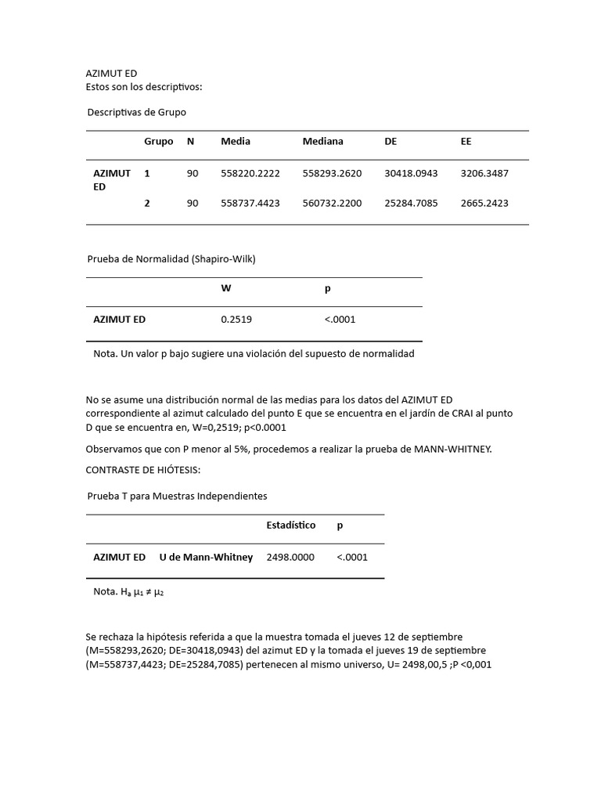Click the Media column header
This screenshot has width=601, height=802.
[x=236, y=142]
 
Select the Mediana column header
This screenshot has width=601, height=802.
[x=322, y=142]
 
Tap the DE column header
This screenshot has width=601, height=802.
[x=391, y=142]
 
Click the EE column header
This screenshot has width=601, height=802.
[x=466, y=142]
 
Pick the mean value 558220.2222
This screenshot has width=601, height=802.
[x=250, y=173]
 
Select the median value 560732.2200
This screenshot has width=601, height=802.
[x=332, y=203]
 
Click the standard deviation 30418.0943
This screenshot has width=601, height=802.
[x=411, y=173]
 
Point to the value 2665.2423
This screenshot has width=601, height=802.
[x=484, y=203]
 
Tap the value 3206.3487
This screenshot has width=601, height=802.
[x=484, y=173]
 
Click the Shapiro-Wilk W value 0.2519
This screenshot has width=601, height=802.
[x=236, y=320]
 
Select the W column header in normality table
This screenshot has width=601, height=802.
[x=226, y=288]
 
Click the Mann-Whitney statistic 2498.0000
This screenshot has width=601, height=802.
[x=290, y=557]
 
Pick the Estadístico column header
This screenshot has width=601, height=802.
[x=291, y=526]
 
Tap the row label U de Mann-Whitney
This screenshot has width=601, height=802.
[x=206, y=557]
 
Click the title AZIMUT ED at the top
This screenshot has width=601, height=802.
[x=111, y=74]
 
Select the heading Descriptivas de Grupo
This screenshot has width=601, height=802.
[x=136, y=112]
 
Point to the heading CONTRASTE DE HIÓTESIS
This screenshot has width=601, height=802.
[x=142, y=469]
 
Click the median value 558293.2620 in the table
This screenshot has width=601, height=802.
[x=332, y=173]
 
